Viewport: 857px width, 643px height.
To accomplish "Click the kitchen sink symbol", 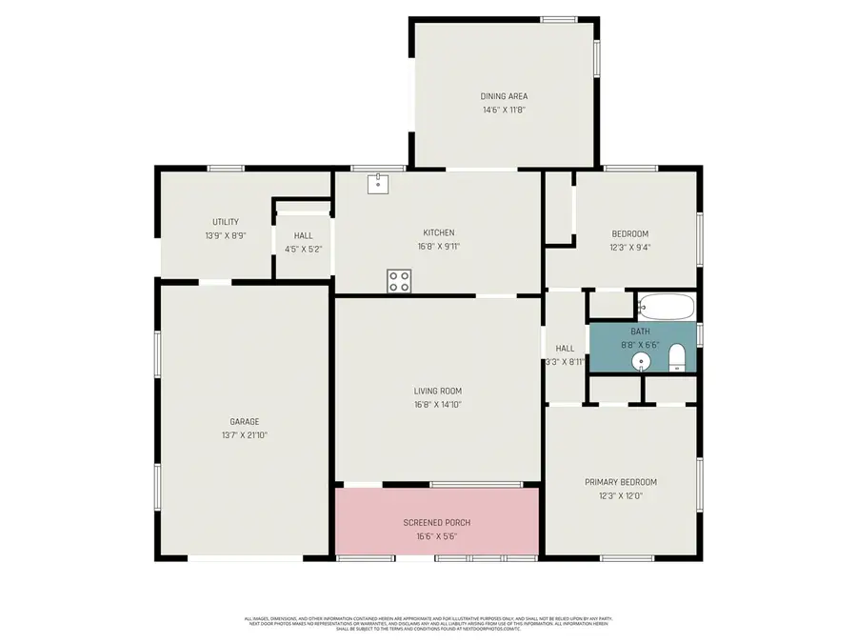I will coord(378,183).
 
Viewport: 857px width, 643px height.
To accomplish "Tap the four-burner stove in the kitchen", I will coord(399,281).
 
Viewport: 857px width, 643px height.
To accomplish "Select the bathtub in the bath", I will coord(667,307).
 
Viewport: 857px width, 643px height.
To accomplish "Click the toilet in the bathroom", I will coord(677,358).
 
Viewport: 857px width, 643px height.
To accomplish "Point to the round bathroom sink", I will coord(643,360).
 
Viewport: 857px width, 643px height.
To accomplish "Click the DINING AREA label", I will coord(504,96).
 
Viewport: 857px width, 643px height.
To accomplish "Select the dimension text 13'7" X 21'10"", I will coord(244,435).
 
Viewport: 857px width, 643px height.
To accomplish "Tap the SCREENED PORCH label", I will coord(437,523).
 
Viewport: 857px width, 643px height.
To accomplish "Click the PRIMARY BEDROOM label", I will coord(620,482).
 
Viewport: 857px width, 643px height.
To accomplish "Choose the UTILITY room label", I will coord(225,222).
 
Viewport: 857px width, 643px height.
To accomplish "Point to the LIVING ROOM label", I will coord(437,391).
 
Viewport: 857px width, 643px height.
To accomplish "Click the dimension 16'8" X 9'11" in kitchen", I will coord(438,246).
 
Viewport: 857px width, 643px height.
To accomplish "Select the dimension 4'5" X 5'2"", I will coord(303,250).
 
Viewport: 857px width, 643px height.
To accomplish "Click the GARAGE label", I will coord(244,422).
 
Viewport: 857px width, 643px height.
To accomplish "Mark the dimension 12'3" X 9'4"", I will coord(629,247).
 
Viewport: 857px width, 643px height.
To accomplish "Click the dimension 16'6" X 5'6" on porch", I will coord(437,535).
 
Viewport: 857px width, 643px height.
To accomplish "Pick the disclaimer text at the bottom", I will coord(428,623).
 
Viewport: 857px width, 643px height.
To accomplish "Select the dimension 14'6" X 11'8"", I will coord(504,110).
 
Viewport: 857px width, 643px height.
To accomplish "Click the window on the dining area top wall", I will coord(559,19).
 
